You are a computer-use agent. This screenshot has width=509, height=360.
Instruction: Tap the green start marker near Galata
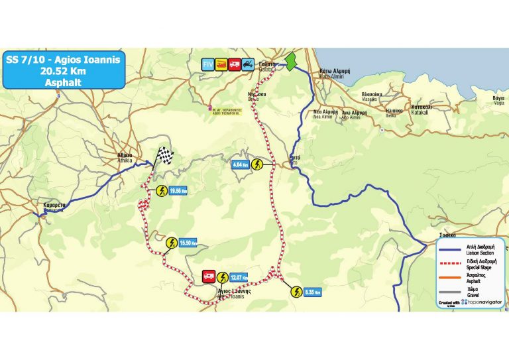[x=290, y=64]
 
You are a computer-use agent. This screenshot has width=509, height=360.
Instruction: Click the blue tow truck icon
[x=247, y=64]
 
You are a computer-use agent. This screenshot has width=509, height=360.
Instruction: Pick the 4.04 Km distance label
[x=241, y=164]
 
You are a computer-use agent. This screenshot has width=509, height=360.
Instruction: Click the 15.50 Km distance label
[x=189, y=243]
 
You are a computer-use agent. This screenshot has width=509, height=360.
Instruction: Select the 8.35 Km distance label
[x=313, y=291]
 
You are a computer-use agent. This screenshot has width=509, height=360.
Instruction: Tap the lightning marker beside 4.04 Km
[x=258, y=164]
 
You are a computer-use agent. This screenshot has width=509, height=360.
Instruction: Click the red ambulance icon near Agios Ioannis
[x=207, y=276]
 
